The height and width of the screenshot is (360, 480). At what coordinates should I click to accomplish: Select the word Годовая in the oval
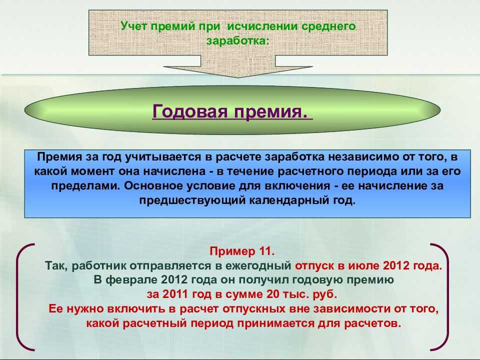click(190, 111)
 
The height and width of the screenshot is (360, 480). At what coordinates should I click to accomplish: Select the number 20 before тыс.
click(272, 294)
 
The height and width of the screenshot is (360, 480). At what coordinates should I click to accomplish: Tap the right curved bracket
click(447, 297)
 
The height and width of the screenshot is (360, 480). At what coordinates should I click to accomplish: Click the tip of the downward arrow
click(238, 77)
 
